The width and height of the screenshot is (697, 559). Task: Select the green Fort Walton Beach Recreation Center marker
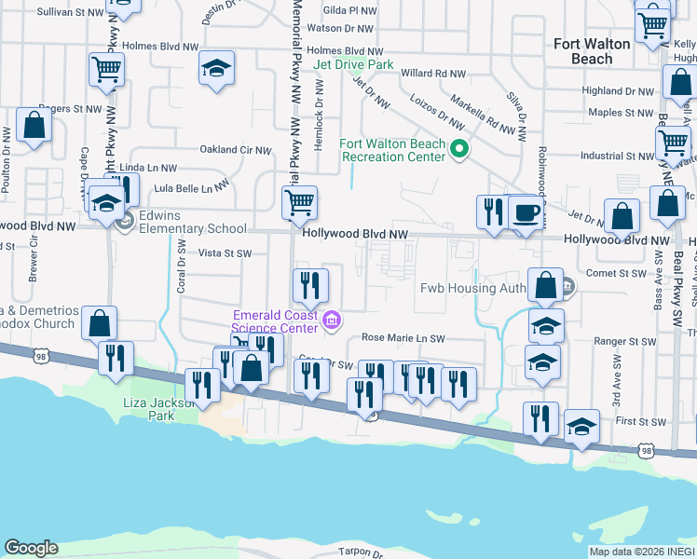(458, 149)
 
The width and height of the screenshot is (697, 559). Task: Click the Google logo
(31, 548)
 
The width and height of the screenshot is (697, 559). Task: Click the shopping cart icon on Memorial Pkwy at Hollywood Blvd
(299, 201)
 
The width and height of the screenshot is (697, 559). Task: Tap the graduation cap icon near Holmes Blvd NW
(217, 68)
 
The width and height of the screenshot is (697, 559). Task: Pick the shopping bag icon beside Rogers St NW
(34, 127)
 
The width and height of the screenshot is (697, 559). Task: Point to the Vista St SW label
(225, 252)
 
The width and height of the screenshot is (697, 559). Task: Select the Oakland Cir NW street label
(235, 150)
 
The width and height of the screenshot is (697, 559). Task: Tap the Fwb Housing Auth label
(474, 288)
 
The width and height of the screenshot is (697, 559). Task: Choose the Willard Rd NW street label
(432, 73)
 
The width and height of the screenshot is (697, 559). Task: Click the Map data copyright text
(642, 552)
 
